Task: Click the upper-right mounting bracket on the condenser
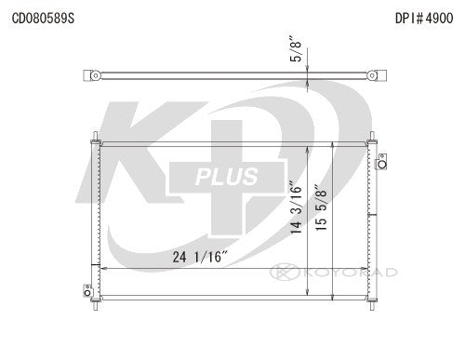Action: [379, 165]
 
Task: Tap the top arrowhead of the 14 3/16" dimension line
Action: [310, 153]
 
